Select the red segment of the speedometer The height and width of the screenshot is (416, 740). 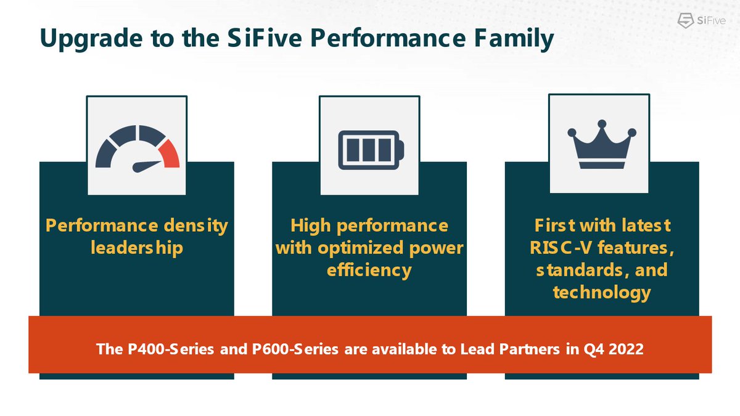coord(169,153)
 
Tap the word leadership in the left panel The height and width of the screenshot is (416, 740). coord(136,248)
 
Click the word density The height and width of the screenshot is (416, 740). coord(195,226)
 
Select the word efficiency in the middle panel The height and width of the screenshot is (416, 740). coord(369,270)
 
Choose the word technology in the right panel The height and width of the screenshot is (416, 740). coord(601,292)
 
